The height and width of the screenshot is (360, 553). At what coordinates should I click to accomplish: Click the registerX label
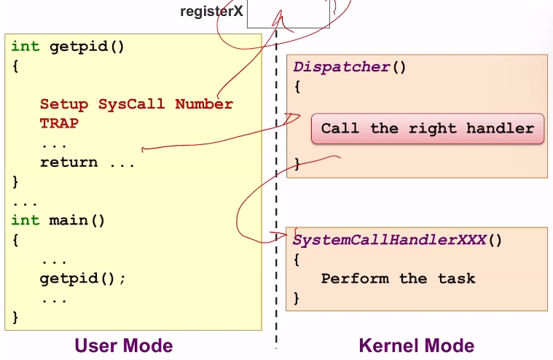pyautogui.click(x=212, y=12)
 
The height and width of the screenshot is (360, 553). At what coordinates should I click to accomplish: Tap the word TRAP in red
pyautogui.click(x=59, y=123)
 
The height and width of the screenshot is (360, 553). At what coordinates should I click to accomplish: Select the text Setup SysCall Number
pyautogui.click(x=136, y=104)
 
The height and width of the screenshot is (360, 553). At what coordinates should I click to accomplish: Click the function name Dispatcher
pyautogui.click(x=342, y=67)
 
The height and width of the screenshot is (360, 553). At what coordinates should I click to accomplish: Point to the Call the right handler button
pyautogui.click(x=428, y=129)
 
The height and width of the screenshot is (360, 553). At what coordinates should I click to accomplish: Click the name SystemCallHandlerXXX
pyautogui.click(x=389, y=240)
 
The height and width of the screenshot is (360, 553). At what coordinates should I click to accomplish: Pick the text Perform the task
pyautogui.click(x=398, y=278)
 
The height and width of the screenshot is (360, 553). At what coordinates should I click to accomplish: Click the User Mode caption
pyautogui.click(x=124, y=345)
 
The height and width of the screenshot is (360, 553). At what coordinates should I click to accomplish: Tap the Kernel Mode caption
pyautogui.click(x=417, y=345)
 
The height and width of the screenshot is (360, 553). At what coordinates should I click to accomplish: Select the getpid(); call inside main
pyautogui.click(x=83, y=278)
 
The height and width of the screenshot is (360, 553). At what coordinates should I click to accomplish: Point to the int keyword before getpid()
pyautogui.click(x=26, y=47)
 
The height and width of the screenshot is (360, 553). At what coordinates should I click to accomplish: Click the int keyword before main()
pyautogui.click(x=26, y=219)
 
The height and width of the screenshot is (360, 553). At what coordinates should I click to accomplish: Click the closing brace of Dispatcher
pyautogui.click(x=297, y=164)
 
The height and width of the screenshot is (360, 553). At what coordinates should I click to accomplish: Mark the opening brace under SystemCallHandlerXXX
pyautogui.click(x=297, y=259)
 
